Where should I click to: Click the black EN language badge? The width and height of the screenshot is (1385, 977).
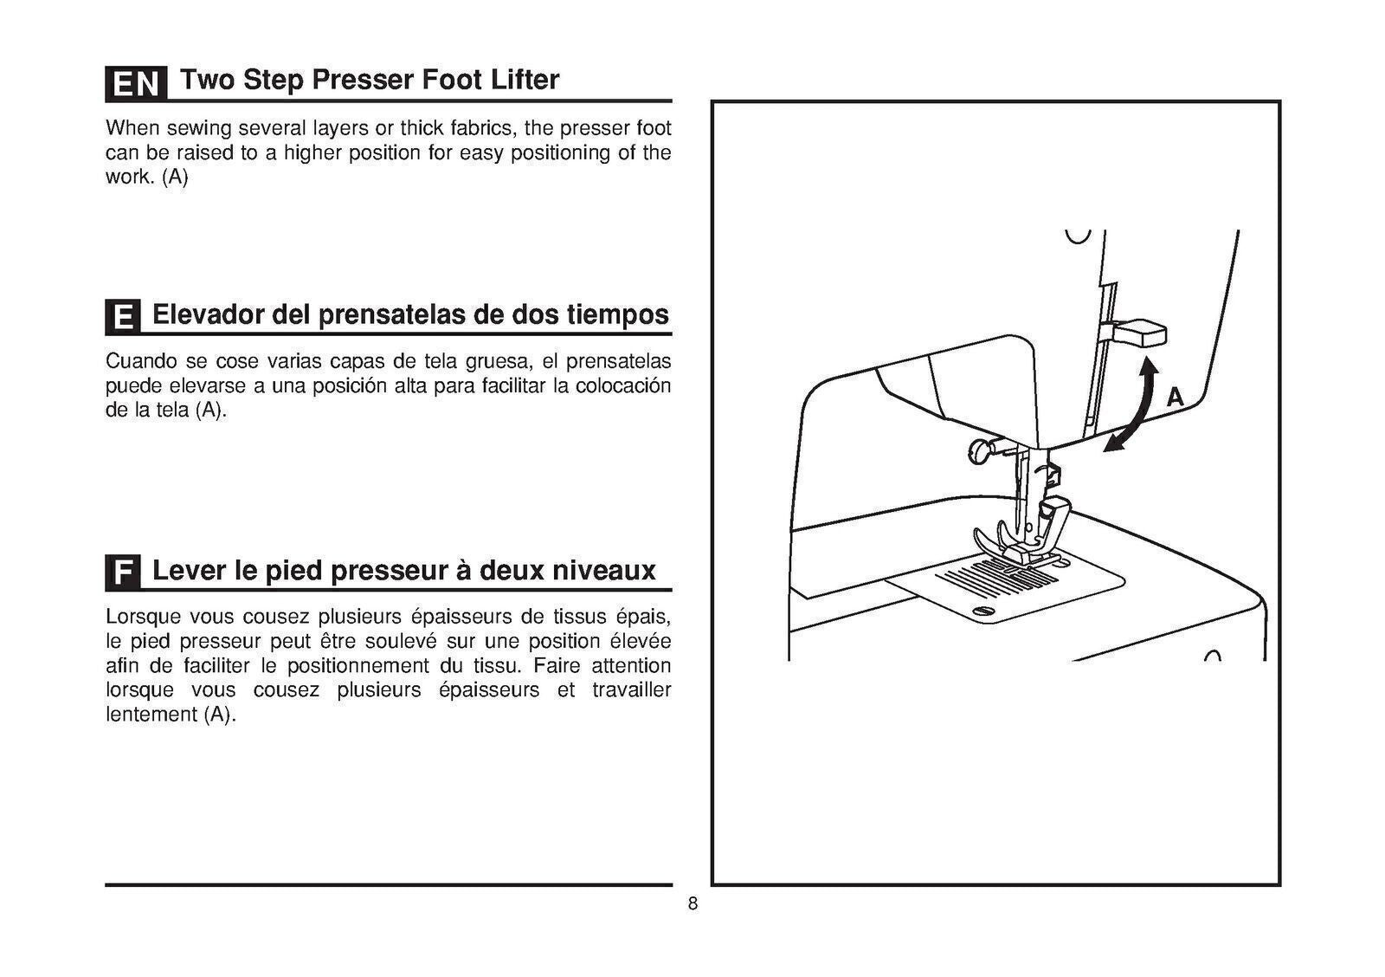pyautogui.click(x=136, y=83)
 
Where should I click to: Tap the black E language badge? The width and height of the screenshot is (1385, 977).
pyautogui.click(x=123, y=317)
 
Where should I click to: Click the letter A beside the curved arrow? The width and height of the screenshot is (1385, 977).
pyautogui.click(x=1175, y=398)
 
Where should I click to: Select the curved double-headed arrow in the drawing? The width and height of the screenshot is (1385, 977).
pyautogui.click(x=1133, y=406)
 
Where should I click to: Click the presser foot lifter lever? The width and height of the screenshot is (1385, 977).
pyautogui.click(x=1140, y=332)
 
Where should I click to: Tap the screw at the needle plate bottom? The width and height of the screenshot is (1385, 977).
pyautogui.click(x=985, y=612)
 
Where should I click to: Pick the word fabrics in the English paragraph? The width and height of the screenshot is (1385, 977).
pyautogui.click(x=483, y=129)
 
